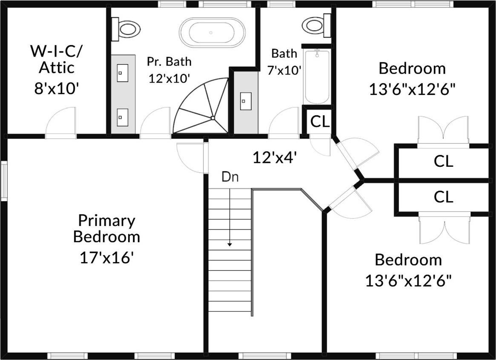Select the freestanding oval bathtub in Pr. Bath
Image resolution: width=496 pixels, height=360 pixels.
[x=212, y=32]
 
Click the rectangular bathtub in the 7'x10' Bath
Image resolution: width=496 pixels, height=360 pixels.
[x=316, y=77]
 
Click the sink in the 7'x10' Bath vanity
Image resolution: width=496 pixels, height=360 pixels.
[x=244, y=101]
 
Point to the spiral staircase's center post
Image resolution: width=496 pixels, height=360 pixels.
[x=212, y=118]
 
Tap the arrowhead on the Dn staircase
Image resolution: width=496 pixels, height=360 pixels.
[x=230, y=244]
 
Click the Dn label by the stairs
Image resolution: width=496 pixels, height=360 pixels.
[x=230, y=177]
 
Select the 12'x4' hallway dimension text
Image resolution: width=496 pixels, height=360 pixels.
[x=275, y=158]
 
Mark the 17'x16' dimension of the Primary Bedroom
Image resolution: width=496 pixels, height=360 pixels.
[x=107, y=257]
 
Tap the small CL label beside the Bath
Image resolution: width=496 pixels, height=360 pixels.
[x=320, y=122]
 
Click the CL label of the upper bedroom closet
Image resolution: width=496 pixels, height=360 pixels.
[x=443, y=161]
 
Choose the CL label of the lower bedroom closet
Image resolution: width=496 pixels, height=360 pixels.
[x=443, y=197]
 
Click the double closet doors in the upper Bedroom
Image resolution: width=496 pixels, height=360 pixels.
[x=443, y=130]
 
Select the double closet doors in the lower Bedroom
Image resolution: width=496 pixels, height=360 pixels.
[x=444, y=230]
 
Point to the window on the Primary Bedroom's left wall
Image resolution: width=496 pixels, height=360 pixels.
[x=4, y=181]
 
